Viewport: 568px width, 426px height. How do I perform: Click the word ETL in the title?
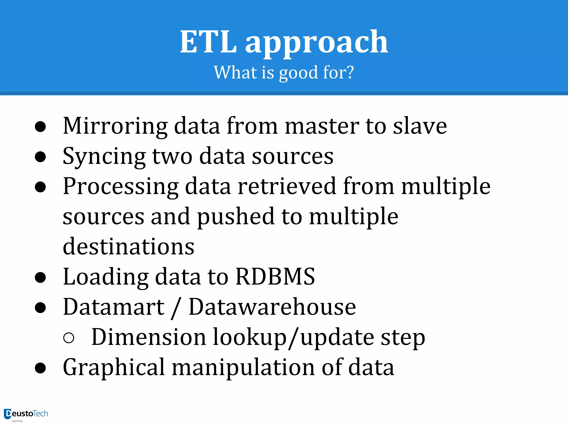[x=208, y=42]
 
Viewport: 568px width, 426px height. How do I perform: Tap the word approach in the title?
[x=317, y=43]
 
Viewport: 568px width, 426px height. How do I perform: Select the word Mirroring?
[x=115, y=126]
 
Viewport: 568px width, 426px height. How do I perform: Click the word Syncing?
[x=104, y=157]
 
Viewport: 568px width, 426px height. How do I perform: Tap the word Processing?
[x=121, y=187]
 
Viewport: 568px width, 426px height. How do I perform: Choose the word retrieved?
[x=287, y=186]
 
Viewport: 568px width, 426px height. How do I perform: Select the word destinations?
[x=129, y=247]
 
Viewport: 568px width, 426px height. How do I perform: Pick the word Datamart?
[x=114, y=307]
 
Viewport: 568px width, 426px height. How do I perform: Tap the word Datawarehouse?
[x=272, y=307]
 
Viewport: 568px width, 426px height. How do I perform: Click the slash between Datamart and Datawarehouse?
[x=176, y=308]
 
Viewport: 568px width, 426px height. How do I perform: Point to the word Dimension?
[x=149, y=337]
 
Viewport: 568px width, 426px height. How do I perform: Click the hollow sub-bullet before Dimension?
[x=69, y=338]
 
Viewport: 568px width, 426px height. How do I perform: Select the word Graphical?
[x=114, y=368]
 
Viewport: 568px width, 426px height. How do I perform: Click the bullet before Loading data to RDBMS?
[x=40, y=277]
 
